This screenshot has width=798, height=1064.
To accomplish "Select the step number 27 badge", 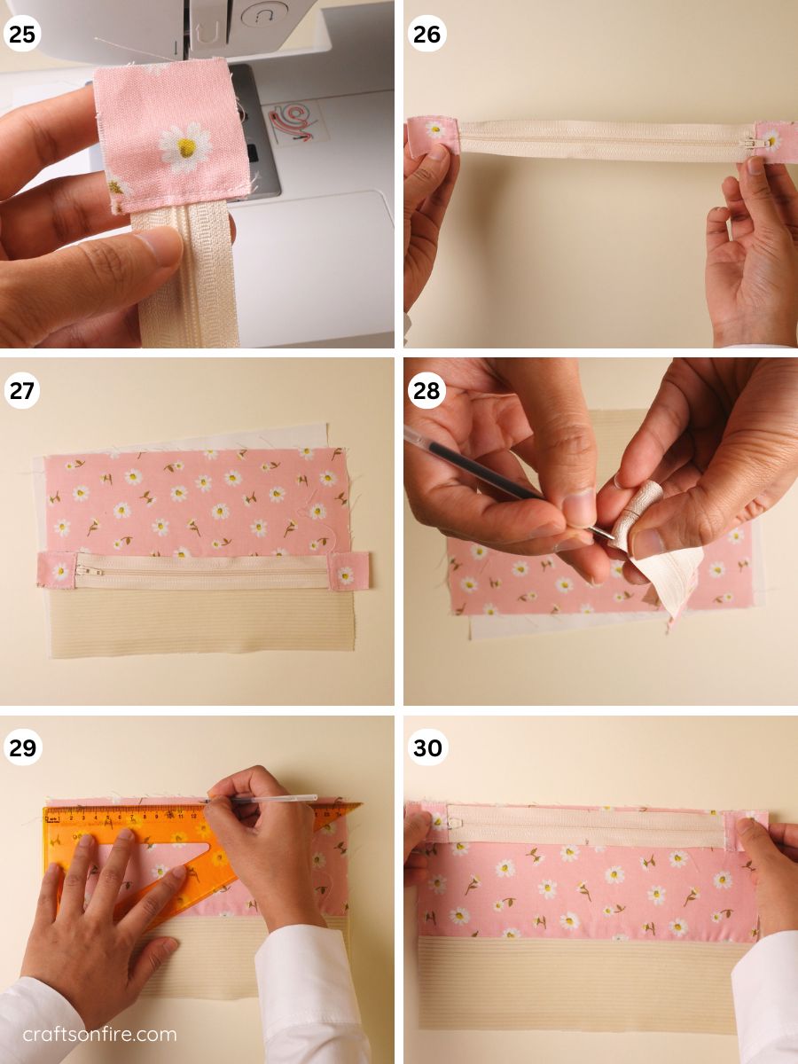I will coord(22,391).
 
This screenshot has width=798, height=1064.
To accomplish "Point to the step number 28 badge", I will coord(427,391).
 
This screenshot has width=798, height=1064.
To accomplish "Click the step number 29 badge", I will coord(22,747).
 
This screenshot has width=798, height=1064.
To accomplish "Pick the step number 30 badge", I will coord(427,747).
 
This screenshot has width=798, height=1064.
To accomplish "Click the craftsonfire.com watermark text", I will coord(99,1034).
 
